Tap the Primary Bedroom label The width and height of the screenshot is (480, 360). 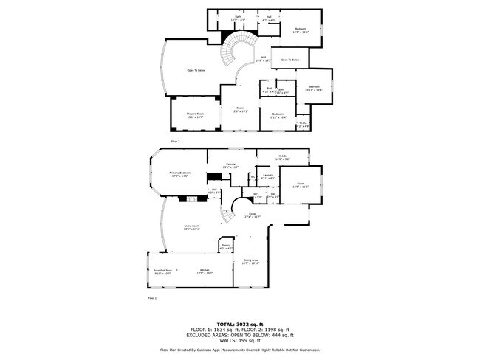click(x=179, y=174)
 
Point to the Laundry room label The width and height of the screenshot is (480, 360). click(x=268, y=176)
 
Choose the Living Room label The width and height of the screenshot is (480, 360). click(x=192, y=228)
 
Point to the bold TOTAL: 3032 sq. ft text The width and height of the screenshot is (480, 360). click(x=239, y=322)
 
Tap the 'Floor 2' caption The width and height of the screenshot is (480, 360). click(x=175, y=140)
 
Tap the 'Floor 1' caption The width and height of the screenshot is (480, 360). click(x=152, y=298)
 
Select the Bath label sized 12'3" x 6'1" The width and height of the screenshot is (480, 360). click(x=238, y=18)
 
